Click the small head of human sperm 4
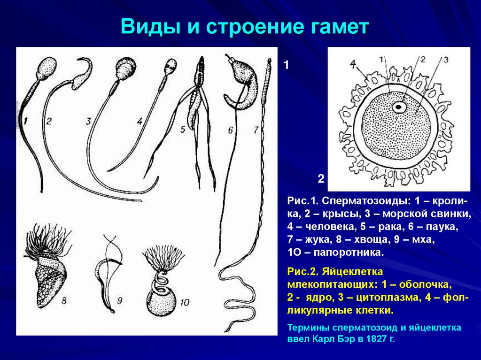tap(171, 65)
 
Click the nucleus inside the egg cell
tap(399, 107)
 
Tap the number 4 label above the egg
tap(353, 62)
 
